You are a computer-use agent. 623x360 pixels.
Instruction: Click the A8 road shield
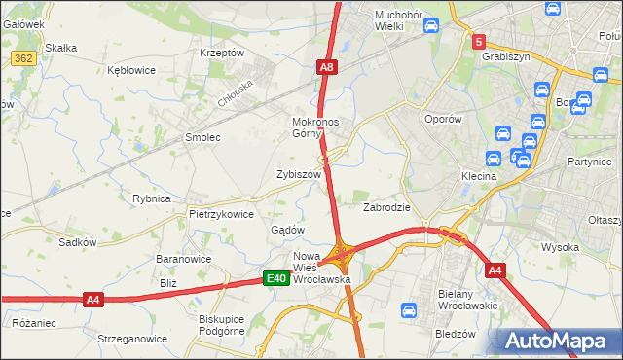tap(327, 67)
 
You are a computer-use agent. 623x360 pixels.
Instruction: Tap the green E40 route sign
tap(276, 279)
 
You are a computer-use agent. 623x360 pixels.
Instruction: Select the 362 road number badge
tap(25, 59)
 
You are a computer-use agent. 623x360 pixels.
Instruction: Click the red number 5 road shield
tap(478, 42)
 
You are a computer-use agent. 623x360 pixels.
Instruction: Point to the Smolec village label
tap(203, 138)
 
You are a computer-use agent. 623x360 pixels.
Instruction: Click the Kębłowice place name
tap(132, 71)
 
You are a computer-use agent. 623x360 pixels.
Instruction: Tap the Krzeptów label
tap(221, 53)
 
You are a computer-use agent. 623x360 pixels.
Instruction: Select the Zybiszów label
tap(298, 174)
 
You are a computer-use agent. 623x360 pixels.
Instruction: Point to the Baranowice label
tap(184, 260)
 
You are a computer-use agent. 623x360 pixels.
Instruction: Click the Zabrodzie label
tap(386, 208)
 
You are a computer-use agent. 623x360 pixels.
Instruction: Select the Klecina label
tap(479, 177)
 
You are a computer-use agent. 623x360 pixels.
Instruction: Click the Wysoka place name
tap(561, 247)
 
